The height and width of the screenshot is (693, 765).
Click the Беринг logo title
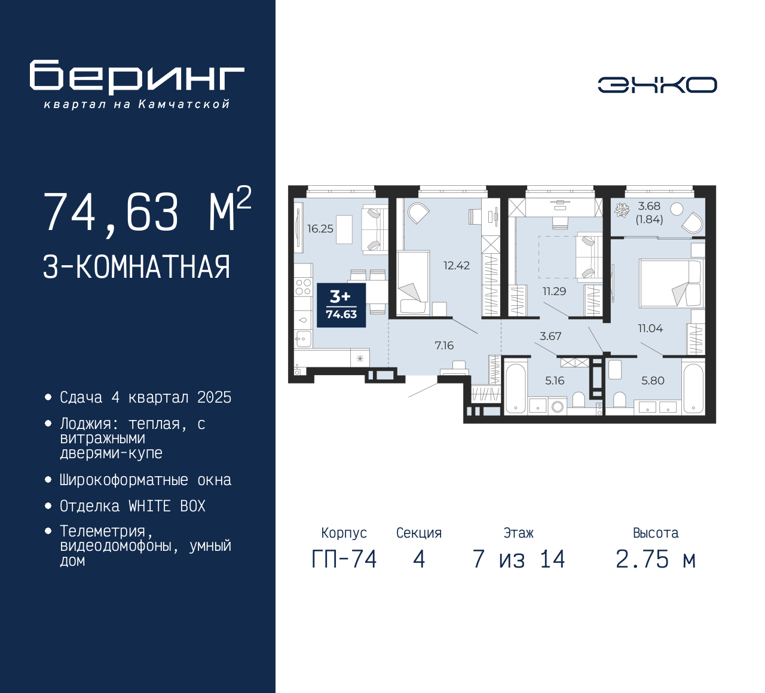pos(137,77)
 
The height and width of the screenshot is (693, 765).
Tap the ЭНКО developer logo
pos(657,85)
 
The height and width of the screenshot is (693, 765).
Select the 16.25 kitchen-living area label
pos(320,229)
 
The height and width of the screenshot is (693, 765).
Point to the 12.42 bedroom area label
pos(457,265)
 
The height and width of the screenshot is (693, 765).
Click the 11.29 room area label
pos(555,291)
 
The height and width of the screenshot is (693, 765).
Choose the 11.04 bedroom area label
pos(651,328)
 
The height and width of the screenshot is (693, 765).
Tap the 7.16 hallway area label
pos(444,345)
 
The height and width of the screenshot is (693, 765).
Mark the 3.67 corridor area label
pos(550,336)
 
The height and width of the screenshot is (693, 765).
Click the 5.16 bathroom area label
pos(555,381)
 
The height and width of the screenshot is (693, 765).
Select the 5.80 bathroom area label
pos(653,381)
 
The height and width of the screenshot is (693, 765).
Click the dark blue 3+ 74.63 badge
pos(341,305)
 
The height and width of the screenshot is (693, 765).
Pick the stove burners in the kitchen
pos(303,287)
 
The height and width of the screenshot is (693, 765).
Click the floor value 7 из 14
pos(519,560)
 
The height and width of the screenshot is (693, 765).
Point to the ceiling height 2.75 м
pos(656,560)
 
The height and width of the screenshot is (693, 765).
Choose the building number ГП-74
pos(344,560)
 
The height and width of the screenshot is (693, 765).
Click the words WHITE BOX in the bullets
pos(167,506)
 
